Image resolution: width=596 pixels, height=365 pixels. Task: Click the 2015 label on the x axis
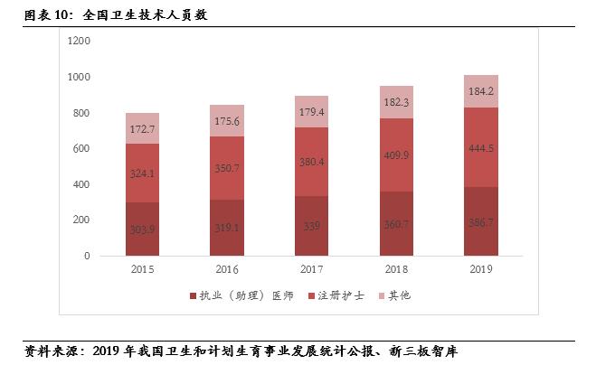(x=142, y=269)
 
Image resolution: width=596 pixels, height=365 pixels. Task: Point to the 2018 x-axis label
(x=395, y=269)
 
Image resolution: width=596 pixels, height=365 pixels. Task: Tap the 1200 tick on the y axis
(x=79, y=42)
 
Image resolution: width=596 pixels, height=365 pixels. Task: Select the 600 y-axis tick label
(x=81, y=148)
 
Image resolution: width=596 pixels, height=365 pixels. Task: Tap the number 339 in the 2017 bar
(x=311, y=227)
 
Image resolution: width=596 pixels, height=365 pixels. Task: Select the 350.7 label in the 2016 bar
(x=226, y=168)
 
